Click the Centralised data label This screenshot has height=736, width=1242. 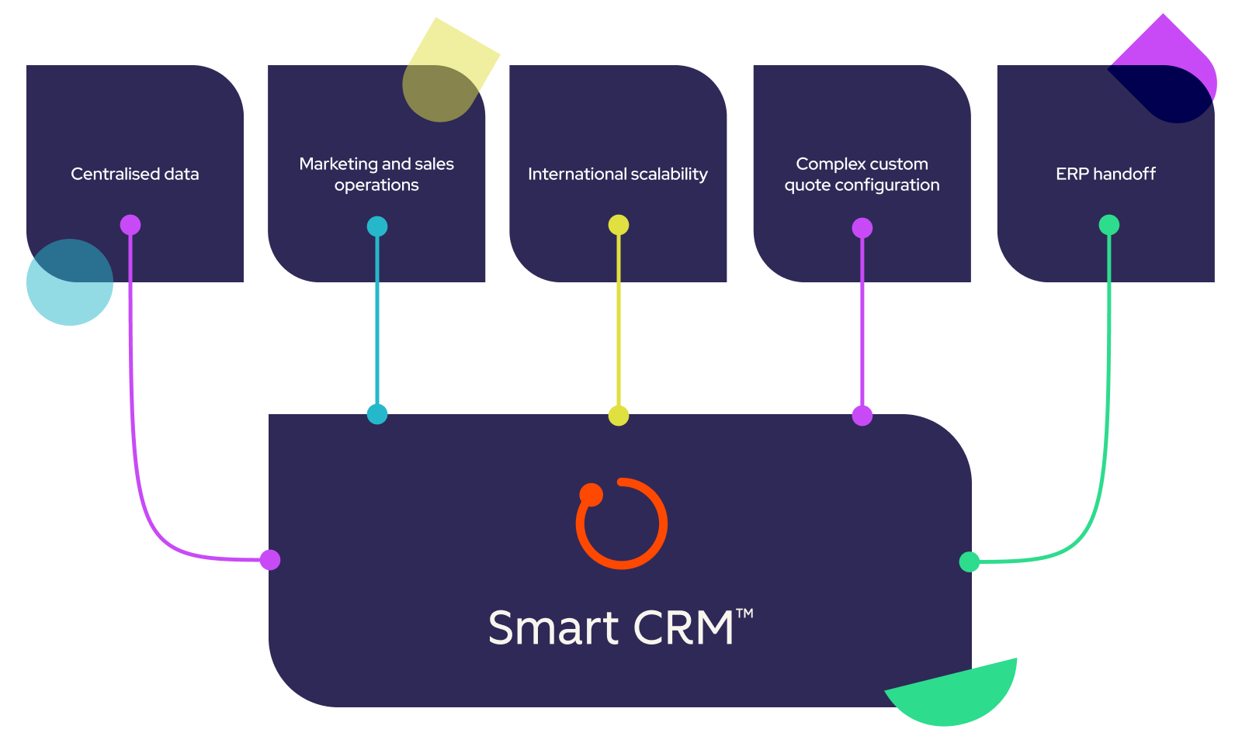click(x=135, y=174)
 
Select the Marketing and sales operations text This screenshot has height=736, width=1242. click(x=376, y=174)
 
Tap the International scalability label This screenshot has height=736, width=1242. click(x=618, y=174)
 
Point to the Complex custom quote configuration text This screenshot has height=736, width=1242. click(x=862, y=174)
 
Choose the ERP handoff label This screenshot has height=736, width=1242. click(x=1105, y=174)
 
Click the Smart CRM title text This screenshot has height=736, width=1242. click(x=610, y=628)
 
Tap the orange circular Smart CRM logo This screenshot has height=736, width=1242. click(x=621, y=523)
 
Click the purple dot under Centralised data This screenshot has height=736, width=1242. click(x=130, y=225)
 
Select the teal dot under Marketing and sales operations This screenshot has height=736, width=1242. click(x=377, y=226)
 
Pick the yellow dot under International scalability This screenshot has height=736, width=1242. click(x=619, y=225)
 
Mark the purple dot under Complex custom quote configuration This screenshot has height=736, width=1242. click(x=862, y=228)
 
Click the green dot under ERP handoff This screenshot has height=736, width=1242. click(x=1109, y=225)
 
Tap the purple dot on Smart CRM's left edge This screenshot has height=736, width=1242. click(x=270, y=560)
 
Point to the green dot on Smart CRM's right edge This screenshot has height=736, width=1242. click(x=970, y=562)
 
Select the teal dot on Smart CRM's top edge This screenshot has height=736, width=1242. click(x=377, y=414)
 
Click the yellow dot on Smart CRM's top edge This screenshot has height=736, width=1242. click(x=619, y=416)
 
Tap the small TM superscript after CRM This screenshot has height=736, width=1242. click(x=744, y=613)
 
